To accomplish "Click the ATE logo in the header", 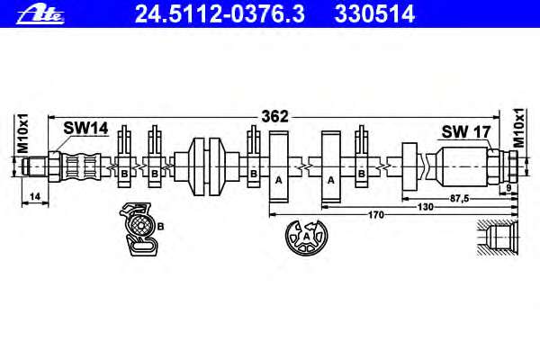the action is (40, 15).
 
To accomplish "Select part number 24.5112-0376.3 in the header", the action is (220, 14).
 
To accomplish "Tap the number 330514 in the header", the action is (374, 14).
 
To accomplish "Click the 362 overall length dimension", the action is (274, 116).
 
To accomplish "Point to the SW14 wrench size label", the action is (85, 129).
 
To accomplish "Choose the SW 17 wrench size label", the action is (466, 131).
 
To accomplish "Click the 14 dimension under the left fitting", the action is (35, 197).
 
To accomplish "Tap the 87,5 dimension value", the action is (460, 198).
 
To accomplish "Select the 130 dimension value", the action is (426, 207).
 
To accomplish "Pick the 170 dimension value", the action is (375, 215).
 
